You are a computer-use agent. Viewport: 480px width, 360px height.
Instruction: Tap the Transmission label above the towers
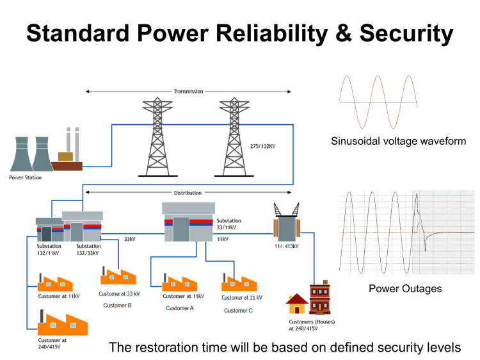pyautogui.click(x=188, y=92)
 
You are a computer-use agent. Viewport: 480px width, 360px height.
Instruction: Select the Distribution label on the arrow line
pyautogui.click(x=188, y=192)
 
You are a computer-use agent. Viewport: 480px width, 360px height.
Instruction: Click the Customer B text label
pyautogui.click(x=117, y=306)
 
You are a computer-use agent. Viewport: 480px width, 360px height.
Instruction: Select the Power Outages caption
pyautogui.click(x=405, y=289)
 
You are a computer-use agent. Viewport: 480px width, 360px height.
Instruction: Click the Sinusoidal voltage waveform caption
pyautogui.click(x=398, y=140)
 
